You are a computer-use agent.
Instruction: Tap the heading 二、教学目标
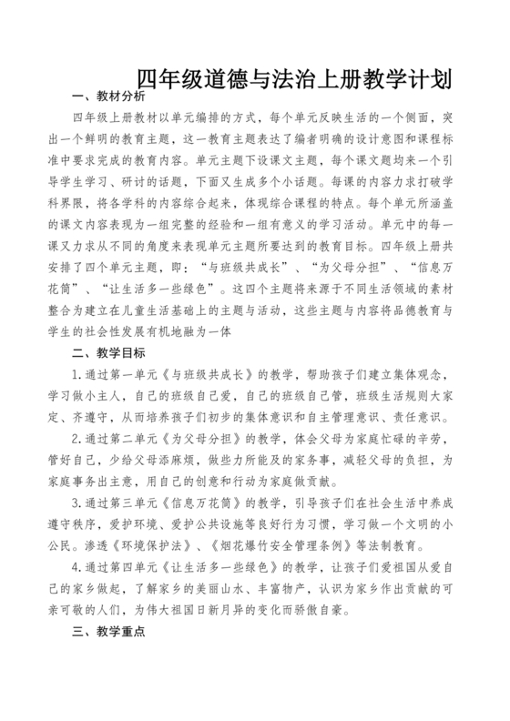tap(107, 351)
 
